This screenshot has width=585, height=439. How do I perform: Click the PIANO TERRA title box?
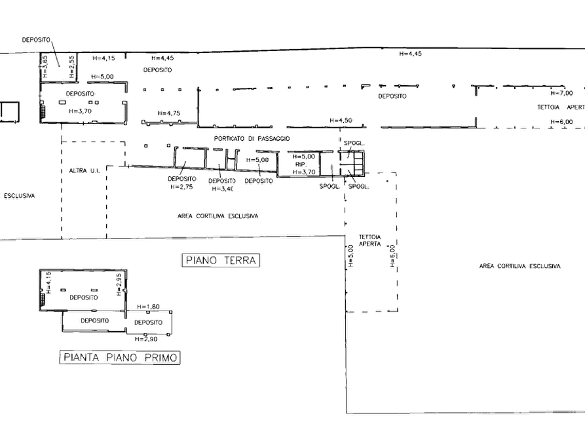click(221, 261)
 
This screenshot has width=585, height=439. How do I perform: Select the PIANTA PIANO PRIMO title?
click(121, 358)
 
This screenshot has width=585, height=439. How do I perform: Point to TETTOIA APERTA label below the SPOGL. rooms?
click(369, 239)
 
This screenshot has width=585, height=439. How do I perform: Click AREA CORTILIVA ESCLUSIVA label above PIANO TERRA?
click(217, 215)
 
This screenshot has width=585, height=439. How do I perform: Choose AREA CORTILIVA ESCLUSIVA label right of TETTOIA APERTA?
click(521, 267)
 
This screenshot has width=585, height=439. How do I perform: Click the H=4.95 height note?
click(411, 54)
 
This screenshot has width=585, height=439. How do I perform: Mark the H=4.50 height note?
click(341, 121)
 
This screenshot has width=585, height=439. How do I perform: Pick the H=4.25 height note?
click(168, 114)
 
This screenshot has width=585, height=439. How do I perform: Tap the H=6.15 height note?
click(104, 58)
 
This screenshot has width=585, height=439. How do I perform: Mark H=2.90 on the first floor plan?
click(148, 339)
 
